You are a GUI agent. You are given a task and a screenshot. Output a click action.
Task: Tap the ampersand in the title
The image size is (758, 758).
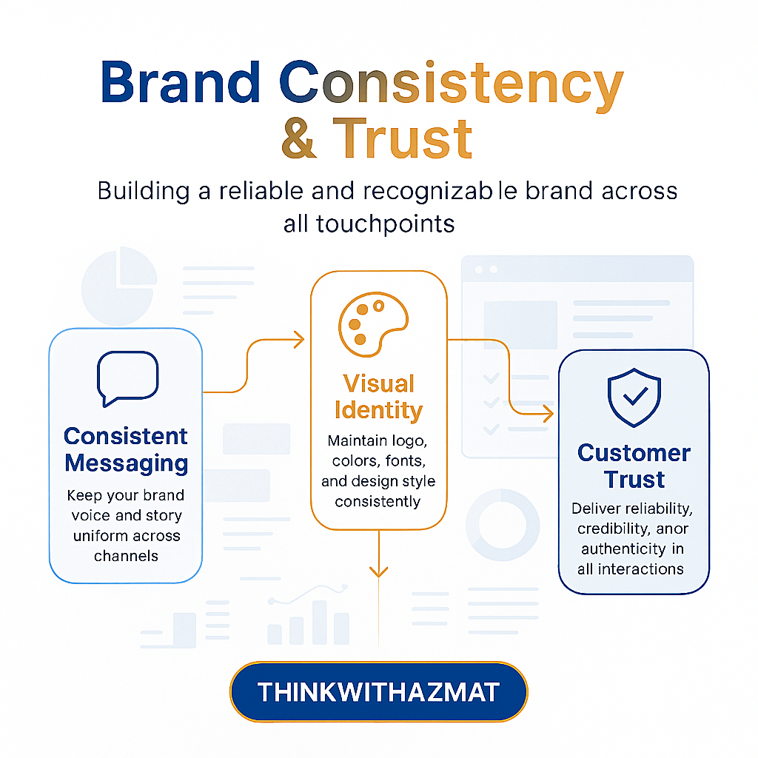pos(300,138)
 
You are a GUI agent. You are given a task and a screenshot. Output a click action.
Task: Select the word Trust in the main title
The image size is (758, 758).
pos(403,138)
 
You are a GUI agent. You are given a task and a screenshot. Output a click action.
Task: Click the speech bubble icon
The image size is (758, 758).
pos(127,378)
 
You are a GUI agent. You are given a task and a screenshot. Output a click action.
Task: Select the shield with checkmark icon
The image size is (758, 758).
pos(634,398)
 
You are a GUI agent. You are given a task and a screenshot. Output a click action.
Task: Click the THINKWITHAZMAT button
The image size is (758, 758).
pos(378,692)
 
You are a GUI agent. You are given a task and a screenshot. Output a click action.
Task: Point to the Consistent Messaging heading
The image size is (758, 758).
pos(126,449)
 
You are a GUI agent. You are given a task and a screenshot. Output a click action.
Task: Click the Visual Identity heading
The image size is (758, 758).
pos(378,396)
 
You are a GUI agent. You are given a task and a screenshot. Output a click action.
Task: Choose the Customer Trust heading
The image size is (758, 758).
pos(634,466)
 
